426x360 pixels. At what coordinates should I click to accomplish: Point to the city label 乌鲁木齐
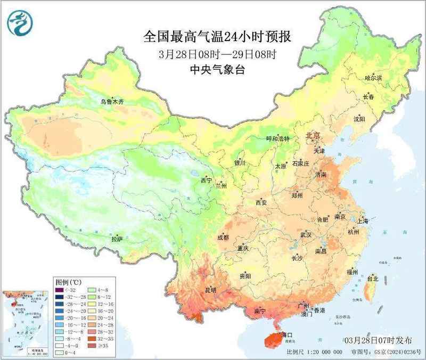pyautogui.click(x=112, y=101)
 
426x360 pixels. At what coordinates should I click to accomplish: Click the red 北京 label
pyautogui.click(x=313, y=136)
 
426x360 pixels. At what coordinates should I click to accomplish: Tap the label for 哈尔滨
pyautogui.click(x=373, y=78)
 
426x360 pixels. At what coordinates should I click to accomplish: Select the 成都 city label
pyautogui.click(x=223, y=238)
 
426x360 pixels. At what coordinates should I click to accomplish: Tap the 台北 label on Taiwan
pyautogui.click(x=373, y=279)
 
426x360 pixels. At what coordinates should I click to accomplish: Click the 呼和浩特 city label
pyautogui.click(x=277, y=138)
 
